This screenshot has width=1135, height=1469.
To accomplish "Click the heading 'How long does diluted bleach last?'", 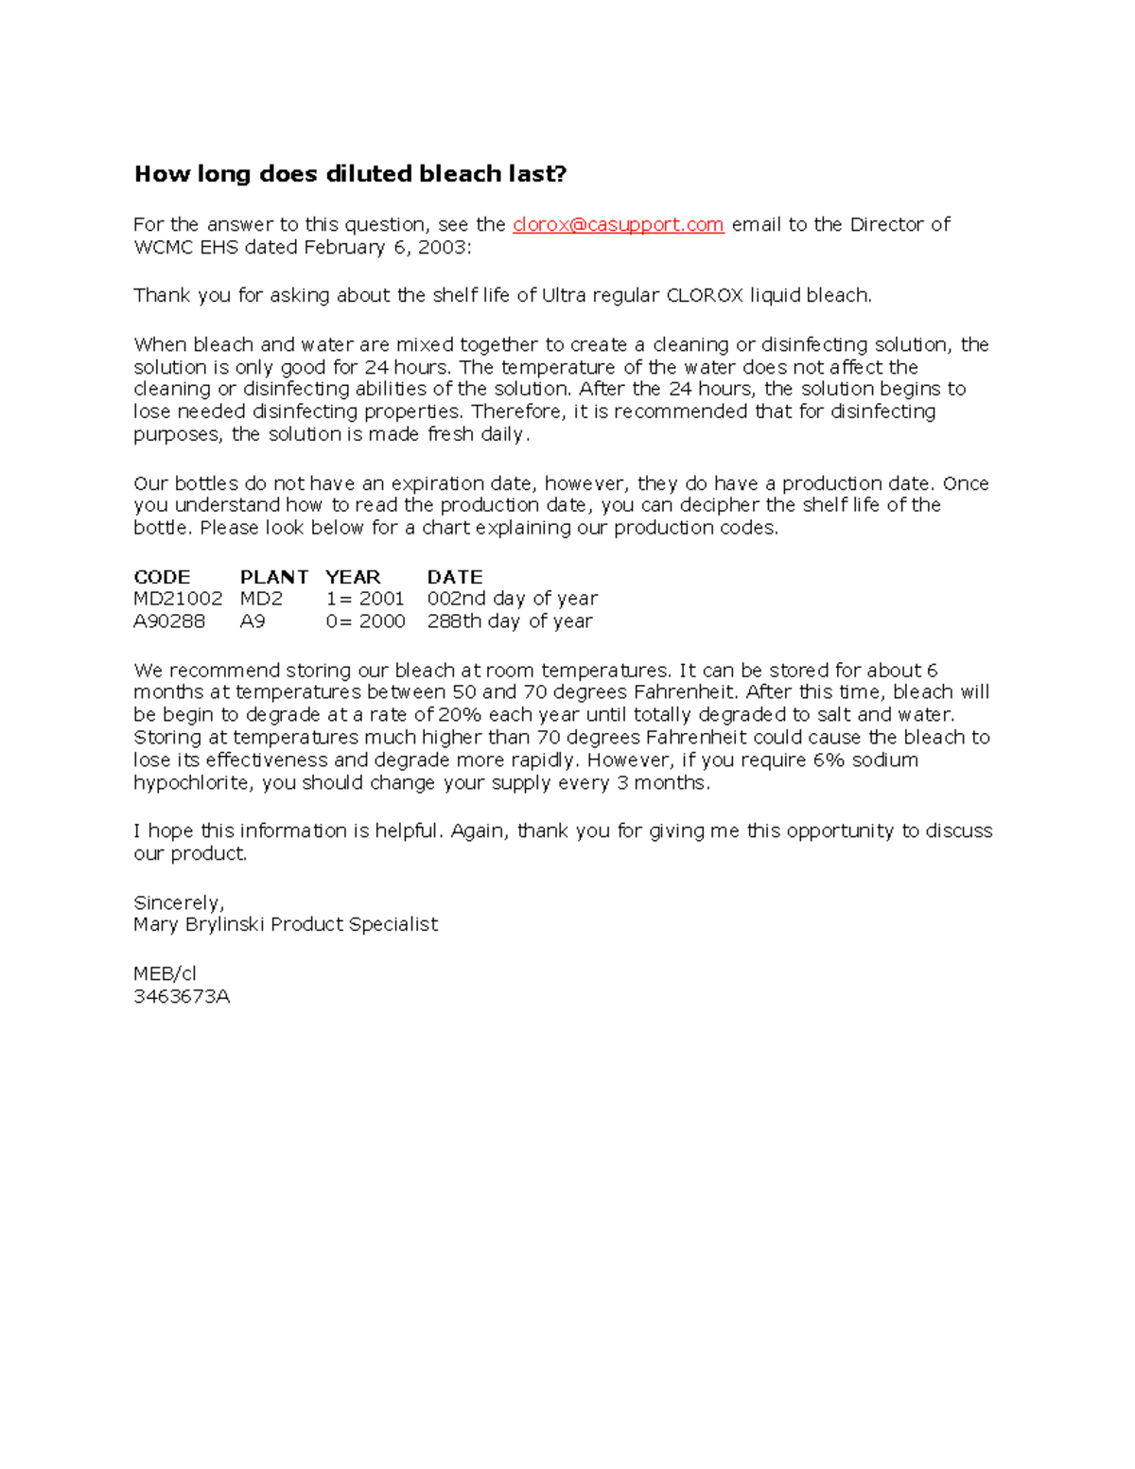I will click(x=350, y=174).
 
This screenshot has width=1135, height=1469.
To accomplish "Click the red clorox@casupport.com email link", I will click(x=618, y=224).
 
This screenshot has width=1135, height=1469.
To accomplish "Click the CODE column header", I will click(x=162, y=577).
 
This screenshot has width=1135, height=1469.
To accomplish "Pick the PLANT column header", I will click(x=274, y=577).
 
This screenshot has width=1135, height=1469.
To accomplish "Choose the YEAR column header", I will click(x=353, y=577).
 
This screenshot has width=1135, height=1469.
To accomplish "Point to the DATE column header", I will click(x=455, y=577).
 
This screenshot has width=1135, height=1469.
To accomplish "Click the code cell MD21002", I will click(x=178, y=599).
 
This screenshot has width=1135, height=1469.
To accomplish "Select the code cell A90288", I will click(x=169, y=621).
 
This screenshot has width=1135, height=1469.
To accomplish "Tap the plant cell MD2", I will click(x=261, y=599).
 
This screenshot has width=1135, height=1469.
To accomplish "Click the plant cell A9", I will click(x=253, y=621).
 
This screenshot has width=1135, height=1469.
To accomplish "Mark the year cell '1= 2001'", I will click(x=365, y=599).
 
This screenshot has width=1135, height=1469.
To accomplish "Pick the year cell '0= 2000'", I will click(x=365, y=621).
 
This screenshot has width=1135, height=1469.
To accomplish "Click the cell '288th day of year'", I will click(x=510, y=621).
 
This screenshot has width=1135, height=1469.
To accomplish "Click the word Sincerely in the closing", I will click(x=179, y=902).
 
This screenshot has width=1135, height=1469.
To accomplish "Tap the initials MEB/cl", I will click(x=166, y=973).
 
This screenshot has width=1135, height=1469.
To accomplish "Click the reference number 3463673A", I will click(x=182, y=996).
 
